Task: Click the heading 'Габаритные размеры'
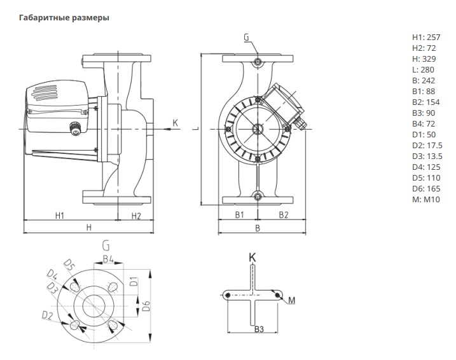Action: tap(65, 18)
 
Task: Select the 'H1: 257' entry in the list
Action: tap(426, 37)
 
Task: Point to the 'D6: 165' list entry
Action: tap(426, 188)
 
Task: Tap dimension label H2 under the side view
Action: tap(135, 216)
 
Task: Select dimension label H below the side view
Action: tap(89, 227)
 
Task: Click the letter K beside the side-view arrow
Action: tap(176, 122)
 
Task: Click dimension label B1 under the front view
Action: tap(240, 216)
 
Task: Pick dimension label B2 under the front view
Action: tap(284, 216)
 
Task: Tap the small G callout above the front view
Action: tap(247, 38)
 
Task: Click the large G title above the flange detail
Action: tap(106, 246)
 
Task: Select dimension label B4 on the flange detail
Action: tap(109, 260)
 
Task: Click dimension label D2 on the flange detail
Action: tap(46, 315)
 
